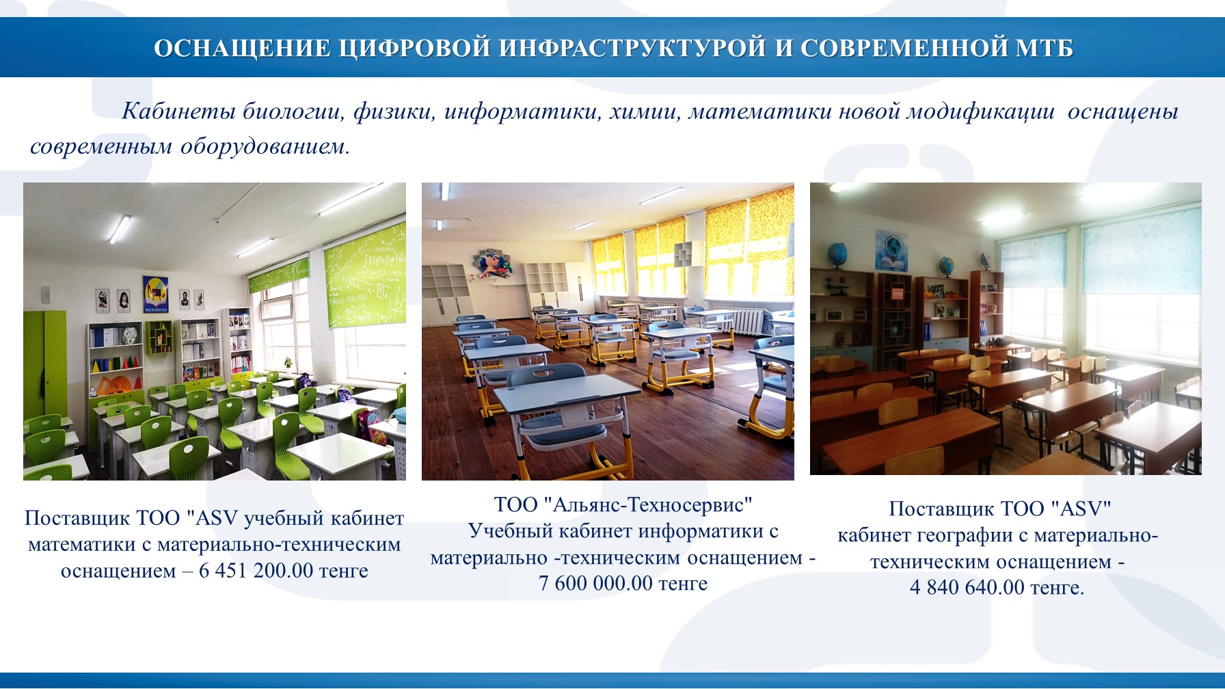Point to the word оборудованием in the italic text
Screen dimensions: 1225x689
pos(265,146)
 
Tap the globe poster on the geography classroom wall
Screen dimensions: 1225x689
pos(891,251)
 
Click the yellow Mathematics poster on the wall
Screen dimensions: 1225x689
pos(155,295)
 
